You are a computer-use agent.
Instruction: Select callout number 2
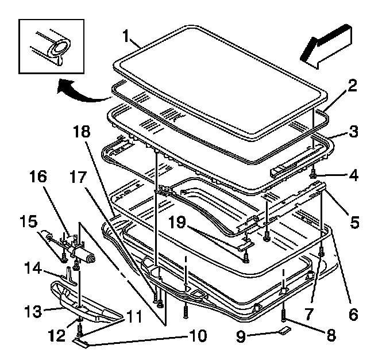point(350,87)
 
